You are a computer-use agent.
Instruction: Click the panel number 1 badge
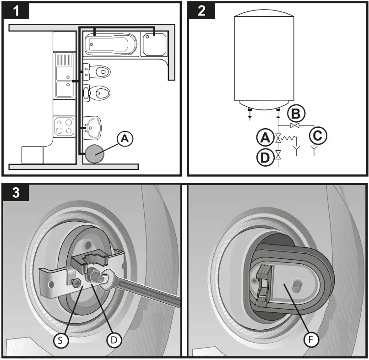(x=16, y=11)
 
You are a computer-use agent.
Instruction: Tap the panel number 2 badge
(x=201, y=11)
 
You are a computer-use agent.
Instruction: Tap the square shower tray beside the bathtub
(x=154, y=44)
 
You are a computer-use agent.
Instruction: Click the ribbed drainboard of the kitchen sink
(x=64, y=60)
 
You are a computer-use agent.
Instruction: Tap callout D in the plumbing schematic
(x=264, y=157)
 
